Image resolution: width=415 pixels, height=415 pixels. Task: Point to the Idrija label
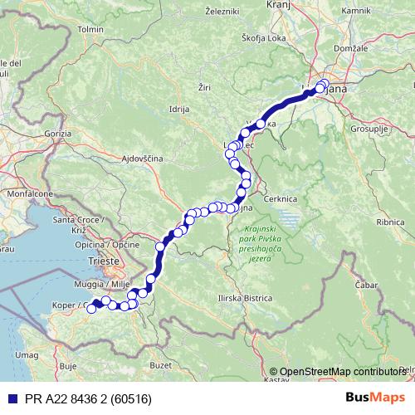(179, 109)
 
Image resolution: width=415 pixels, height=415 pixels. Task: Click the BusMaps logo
(377, 398)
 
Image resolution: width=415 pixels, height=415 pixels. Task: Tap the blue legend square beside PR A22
(11, 399)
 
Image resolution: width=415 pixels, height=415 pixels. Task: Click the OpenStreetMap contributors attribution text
(341, 372)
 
